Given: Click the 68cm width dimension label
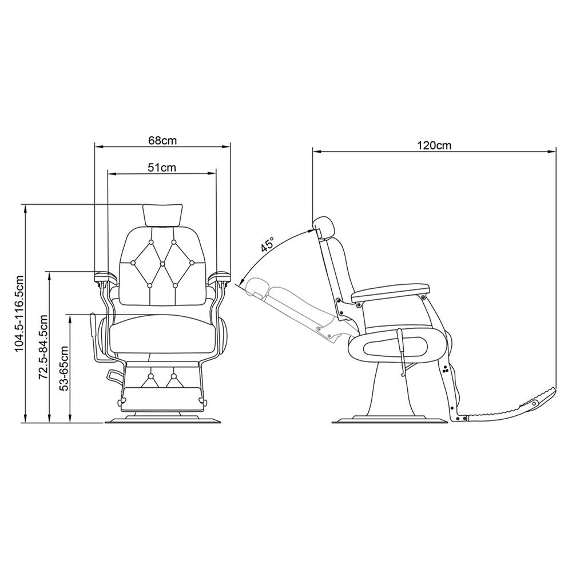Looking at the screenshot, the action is [162, 140].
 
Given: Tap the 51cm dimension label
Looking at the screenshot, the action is [162, 167].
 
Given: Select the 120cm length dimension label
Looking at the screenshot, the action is [434, 145].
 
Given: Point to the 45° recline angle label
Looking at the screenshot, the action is [267, 244].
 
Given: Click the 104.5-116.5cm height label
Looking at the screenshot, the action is [19, 313].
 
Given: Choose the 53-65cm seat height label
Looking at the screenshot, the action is [64, 368].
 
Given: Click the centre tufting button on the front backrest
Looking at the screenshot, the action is [162, 263].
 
